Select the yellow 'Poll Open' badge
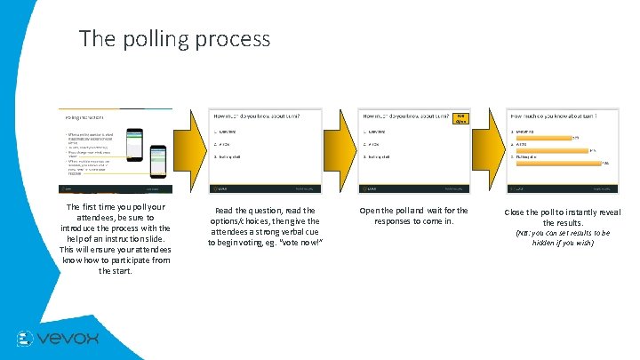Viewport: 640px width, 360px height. [x=460, y=118]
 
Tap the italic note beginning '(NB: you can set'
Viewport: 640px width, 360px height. [x=563, y=237]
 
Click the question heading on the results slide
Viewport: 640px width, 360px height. [x=551, y=115]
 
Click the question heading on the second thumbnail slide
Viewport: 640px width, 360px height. [x=255, y=116]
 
